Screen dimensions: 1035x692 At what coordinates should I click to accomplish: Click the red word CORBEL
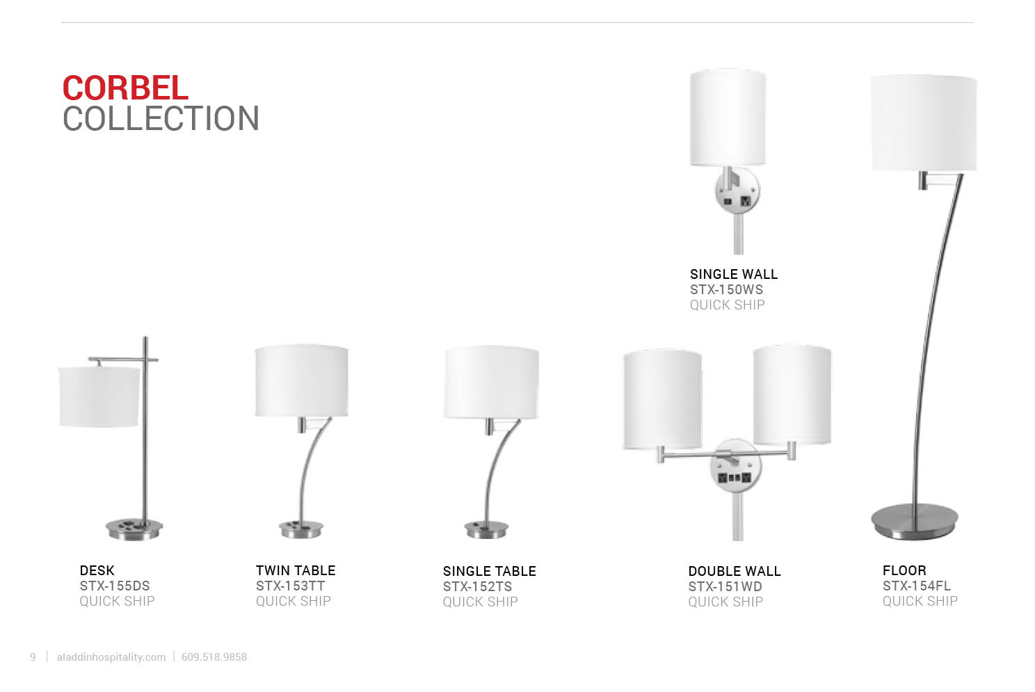(x=125, y=88)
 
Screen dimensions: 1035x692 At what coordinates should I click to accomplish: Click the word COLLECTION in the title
(x=161, y=119)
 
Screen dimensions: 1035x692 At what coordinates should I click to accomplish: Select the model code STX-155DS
(x=115, y=586)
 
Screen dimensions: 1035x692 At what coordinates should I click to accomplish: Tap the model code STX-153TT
(x=290, y=586)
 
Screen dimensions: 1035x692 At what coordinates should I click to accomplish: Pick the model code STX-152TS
(x=477, y=587)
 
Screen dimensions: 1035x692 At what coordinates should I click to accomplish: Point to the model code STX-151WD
(x=725, y=587)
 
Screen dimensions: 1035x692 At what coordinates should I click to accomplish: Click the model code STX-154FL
(x=917, y=586)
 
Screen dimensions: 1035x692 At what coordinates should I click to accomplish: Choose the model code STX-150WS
(x=726, y=289)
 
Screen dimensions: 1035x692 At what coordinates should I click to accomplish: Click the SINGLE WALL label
(x=734, y=275)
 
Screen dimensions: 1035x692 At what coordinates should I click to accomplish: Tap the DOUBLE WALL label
(x=735, y=572)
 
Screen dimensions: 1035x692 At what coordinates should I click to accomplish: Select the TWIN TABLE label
(x=296, y=570)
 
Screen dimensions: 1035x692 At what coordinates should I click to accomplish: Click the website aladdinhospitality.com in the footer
(x=111, y=657)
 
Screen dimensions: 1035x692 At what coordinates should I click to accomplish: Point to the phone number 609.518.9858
(x=214, y=657)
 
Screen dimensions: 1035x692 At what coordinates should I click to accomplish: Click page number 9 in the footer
(x=33, y=657)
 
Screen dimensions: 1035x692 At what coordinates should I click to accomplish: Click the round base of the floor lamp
(x=915, y=522)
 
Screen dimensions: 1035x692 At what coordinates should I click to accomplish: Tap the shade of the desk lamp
(x=99, y=396)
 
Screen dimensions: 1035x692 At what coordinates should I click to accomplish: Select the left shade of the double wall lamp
(x=662, y=400)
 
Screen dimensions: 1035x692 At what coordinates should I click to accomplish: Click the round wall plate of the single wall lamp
(x=737, y=191)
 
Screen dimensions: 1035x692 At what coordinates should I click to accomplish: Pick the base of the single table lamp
(x=486, y=529)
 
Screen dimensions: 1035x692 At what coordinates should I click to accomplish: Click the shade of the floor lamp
(x=924, y=123)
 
